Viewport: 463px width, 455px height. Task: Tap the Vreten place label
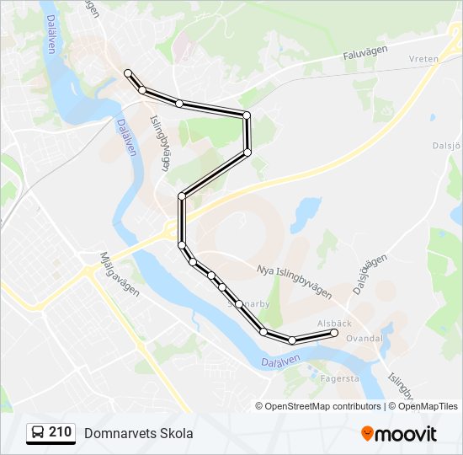coord(424,59)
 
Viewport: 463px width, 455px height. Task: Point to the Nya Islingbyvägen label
coord(293,282)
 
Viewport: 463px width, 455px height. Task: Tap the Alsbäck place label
coord(334,323)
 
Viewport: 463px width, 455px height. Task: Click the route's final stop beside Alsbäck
coord(334,334)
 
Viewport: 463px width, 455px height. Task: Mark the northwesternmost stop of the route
coord(128,73)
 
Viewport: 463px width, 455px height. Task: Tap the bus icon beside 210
coord(38,433)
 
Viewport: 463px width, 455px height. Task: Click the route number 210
coord(60,432)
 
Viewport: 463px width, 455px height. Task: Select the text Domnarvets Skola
coord(138,433)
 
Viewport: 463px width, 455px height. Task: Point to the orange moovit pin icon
coord(367,433)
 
